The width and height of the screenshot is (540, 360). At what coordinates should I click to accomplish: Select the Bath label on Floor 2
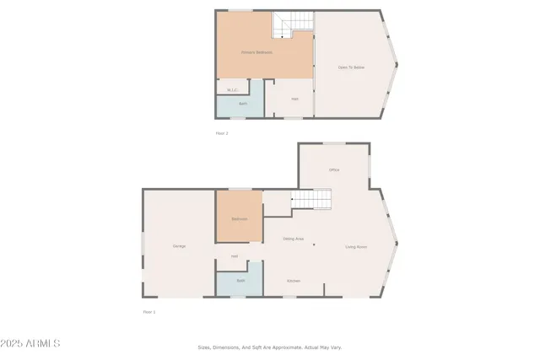(x=242, y=105)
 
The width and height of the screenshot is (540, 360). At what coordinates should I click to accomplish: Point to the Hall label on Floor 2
(x=294, y=99)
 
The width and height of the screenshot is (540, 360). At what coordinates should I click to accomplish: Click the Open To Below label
(x=351, y=67)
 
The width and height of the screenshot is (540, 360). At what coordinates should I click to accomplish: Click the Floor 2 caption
(x=222, y=133)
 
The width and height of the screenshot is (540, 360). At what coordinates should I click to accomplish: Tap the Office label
(x=334, y=170)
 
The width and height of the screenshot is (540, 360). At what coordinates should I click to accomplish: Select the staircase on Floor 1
(x=311, y=200)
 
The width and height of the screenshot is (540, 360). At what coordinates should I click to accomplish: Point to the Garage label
(x=179, y=246)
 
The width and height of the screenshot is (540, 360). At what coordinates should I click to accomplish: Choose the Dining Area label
(x=293, y=239)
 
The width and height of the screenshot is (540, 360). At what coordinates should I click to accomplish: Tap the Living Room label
(x=356, y=247)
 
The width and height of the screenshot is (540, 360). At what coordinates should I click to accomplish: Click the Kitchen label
(x=293, y=281)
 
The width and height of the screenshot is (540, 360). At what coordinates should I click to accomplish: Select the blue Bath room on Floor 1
(x=240, y=283)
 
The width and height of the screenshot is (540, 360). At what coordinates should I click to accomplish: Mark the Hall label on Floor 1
(x=235, y=256)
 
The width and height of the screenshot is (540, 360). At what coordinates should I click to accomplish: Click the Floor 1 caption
(x=149, y=312)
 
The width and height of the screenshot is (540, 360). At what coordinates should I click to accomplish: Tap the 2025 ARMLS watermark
(x=30, y=343)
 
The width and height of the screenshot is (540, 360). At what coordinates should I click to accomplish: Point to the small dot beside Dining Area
(x=314, y=245)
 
